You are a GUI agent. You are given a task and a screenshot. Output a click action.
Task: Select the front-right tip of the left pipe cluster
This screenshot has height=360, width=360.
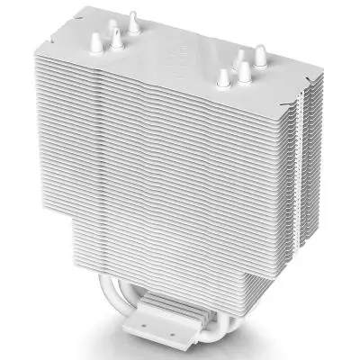[x=116, y=36]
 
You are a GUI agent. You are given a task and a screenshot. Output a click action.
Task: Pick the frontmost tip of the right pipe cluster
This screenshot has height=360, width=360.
[x=221, y=77]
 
